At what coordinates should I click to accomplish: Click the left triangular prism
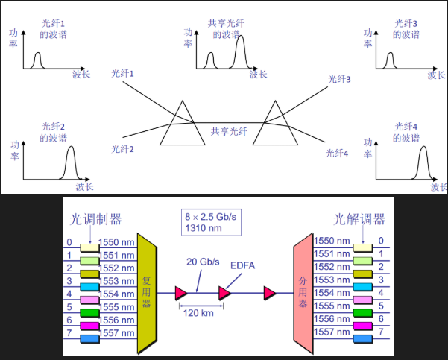(182, 124)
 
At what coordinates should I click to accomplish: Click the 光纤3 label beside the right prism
(338, 79)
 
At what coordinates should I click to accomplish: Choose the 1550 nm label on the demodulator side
(332, 242)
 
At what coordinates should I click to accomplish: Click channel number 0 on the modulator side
(70, 242)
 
